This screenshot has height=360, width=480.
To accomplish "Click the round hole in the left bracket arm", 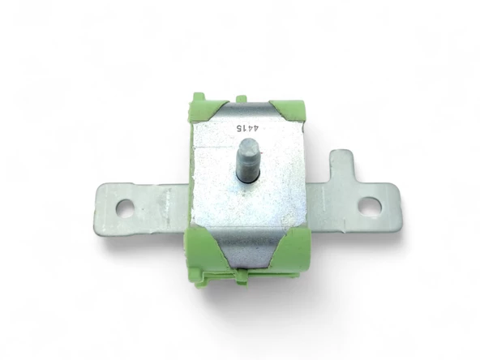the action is (x=125, y=208).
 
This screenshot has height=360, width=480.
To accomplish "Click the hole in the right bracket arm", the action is (x=370, y=205).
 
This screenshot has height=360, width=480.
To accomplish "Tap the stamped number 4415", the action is (x=247, y=128).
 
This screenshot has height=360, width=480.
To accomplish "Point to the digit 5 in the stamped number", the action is (x=238, y=128).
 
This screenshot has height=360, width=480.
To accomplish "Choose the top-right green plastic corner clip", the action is (x=288, y=109).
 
